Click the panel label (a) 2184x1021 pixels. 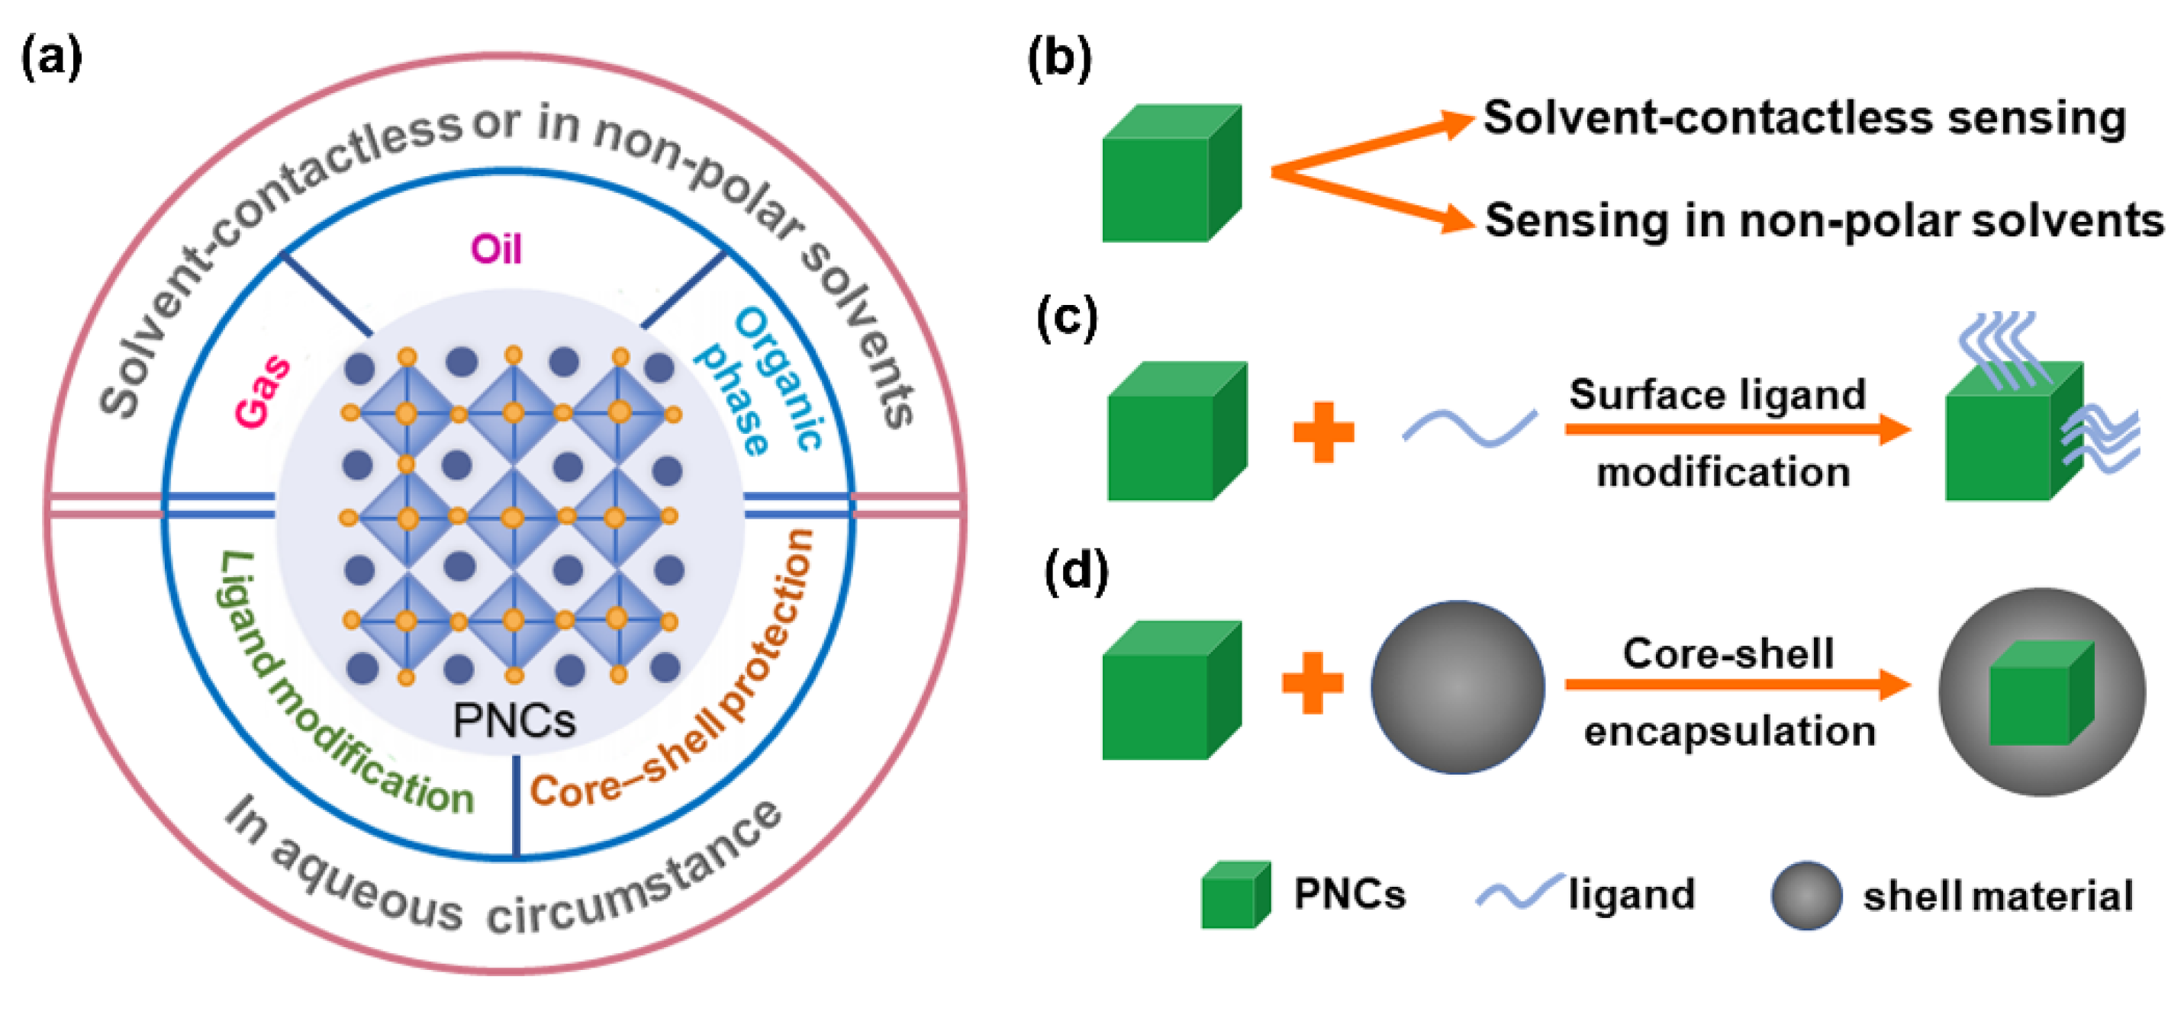click(51, 59)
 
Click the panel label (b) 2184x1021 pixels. click(1059, 59)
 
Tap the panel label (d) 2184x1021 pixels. click(1075, 572)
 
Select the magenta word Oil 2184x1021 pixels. click(496, 249)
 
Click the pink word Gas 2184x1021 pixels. click(263, 390)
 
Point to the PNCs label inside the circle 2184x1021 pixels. click(514, 721)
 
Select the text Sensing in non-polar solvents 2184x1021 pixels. click(1823, 221)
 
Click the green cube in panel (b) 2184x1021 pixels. click(1170, 174)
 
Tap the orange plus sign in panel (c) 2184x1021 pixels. click(1322, 432)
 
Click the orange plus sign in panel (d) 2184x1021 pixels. click(1312, 683)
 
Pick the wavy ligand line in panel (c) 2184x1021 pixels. click(1469, 427)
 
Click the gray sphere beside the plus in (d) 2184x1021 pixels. click(1457, 687)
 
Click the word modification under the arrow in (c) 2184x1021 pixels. click(1723, 472)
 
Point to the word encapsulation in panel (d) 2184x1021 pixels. click(1728, 731)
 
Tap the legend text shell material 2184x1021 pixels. click(1996, 897)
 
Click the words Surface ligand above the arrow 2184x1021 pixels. click(1717, 394)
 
